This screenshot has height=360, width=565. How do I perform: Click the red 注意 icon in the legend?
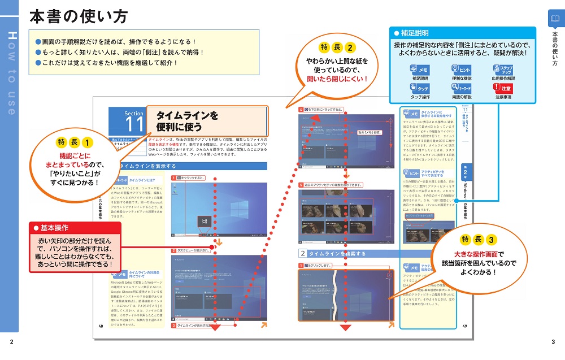(503, 88)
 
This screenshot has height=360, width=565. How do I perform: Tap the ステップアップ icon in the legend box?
(503, 70)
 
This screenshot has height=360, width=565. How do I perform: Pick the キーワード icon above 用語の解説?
(462, 88)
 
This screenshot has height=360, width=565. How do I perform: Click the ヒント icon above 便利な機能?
(462, 70)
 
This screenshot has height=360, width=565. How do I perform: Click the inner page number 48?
(101, 326)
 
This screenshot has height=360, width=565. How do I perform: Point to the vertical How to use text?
(12, 73)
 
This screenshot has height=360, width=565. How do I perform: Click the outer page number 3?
(553, 342)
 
